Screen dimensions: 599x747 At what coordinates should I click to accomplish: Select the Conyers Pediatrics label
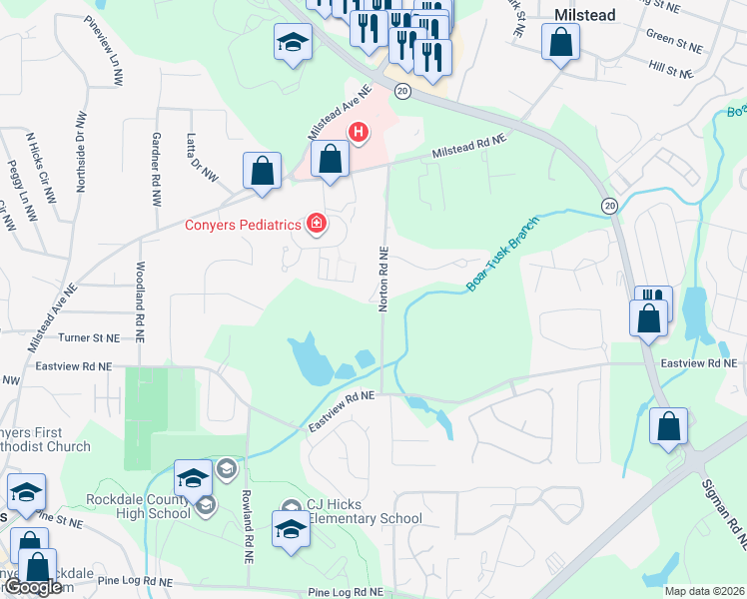(243, 225)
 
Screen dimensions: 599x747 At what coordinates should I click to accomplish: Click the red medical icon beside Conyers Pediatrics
(317, 224)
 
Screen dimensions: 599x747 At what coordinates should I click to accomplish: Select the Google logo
(33, 587)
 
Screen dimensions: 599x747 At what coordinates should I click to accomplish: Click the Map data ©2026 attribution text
(704, 591)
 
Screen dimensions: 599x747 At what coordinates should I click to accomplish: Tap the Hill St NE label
(670, 72)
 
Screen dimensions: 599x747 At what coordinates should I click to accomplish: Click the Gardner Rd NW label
(157, 159)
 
